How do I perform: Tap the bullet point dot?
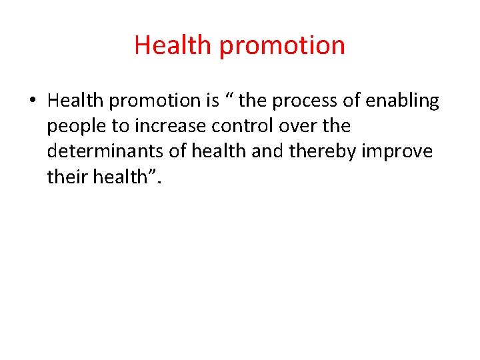[32, 101]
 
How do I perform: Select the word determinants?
[105, 151]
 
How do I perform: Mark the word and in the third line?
[269, 151]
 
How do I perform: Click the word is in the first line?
[212, 101]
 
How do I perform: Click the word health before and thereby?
[221, 151]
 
